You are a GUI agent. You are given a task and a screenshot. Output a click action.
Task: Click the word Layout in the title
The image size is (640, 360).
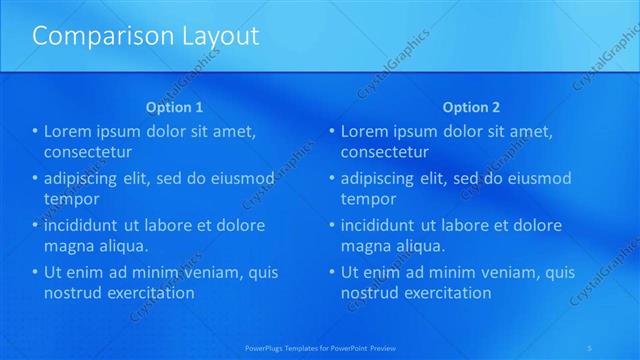216,37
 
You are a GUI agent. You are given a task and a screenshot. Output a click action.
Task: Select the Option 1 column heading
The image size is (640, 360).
174,107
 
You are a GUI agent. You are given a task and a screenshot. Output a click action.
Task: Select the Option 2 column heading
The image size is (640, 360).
471,107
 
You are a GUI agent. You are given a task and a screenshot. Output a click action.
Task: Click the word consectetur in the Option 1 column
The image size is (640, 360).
89,152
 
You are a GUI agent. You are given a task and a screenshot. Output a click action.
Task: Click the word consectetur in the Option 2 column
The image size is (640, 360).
385,152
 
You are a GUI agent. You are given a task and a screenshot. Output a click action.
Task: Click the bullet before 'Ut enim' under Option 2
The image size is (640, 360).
332,272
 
